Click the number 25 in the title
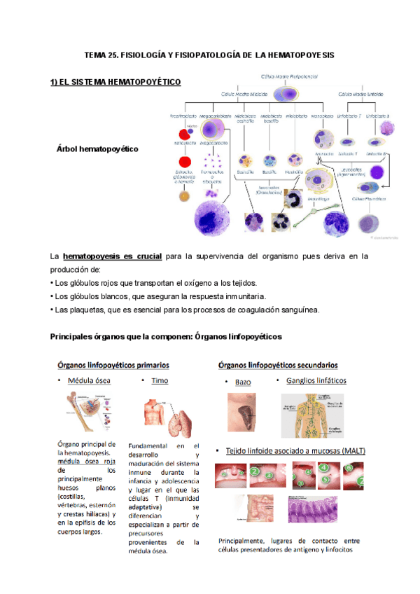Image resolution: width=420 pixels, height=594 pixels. [113, 55]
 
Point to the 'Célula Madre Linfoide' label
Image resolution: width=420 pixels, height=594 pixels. [361, 93]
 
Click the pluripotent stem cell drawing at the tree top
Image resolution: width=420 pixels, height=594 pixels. [288, 93]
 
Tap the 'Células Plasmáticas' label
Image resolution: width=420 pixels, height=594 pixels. [370, 199]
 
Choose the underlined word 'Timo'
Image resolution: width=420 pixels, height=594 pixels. [160, 381]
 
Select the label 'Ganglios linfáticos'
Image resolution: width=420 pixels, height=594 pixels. [316, 381]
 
